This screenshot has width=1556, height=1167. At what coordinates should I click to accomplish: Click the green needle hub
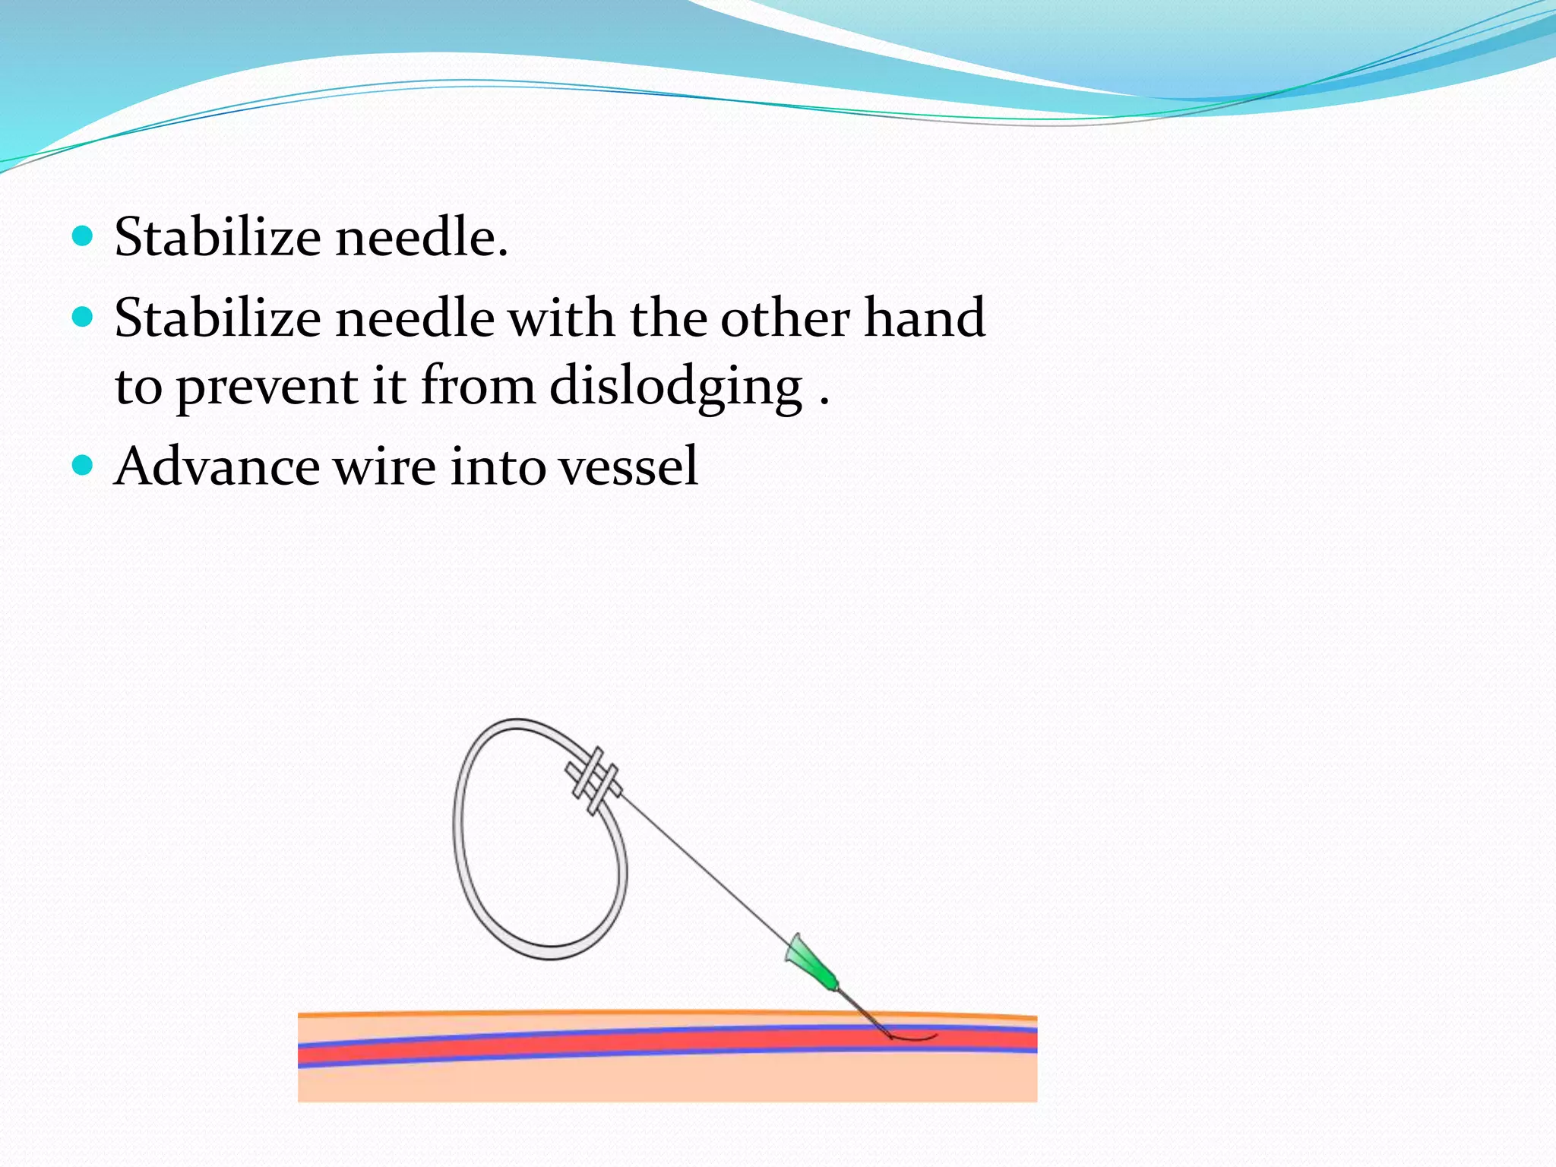click(811, 963)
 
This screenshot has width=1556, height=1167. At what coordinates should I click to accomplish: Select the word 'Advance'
click(217, 466)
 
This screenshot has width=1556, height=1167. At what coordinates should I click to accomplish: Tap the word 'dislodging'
click(675, 386)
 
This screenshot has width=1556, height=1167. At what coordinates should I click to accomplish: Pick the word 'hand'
click(925, 317)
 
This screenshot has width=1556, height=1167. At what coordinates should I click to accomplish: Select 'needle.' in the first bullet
click(422, 237)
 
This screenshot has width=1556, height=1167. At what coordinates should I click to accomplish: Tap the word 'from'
click(479, 385)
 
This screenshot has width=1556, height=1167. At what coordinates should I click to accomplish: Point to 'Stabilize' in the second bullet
click(217, 317)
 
